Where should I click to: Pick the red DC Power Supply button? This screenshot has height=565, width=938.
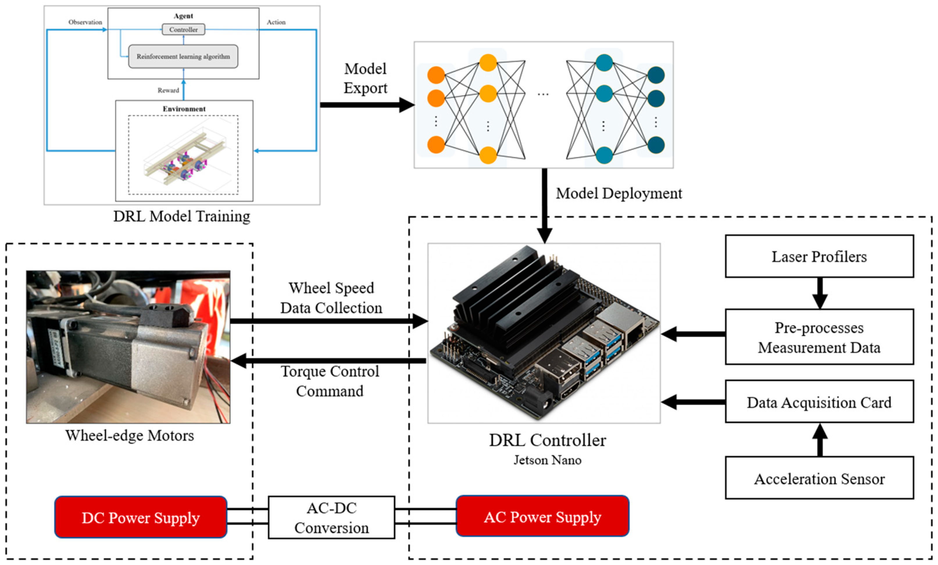(141, 517)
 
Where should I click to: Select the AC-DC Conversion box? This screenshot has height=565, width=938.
(331, 517)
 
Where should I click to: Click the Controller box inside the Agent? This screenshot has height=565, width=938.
(183, 29)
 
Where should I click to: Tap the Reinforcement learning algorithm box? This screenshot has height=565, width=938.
(183, 56)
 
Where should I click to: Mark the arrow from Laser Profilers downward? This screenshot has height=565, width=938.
(819, 293)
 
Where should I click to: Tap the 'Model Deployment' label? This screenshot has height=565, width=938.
(619, 193)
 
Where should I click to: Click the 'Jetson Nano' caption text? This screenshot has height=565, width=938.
(547, 460)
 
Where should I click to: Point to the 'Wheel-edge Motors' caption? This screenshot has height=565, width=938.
(129, 435)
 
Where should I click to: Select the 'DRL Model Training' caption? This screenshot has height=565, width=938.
(182, 216)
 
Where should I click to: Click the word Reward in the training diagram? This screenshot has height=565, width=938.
(168, 90)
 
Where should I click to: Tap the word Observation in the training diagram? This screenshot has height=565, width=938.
(85, 22)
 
